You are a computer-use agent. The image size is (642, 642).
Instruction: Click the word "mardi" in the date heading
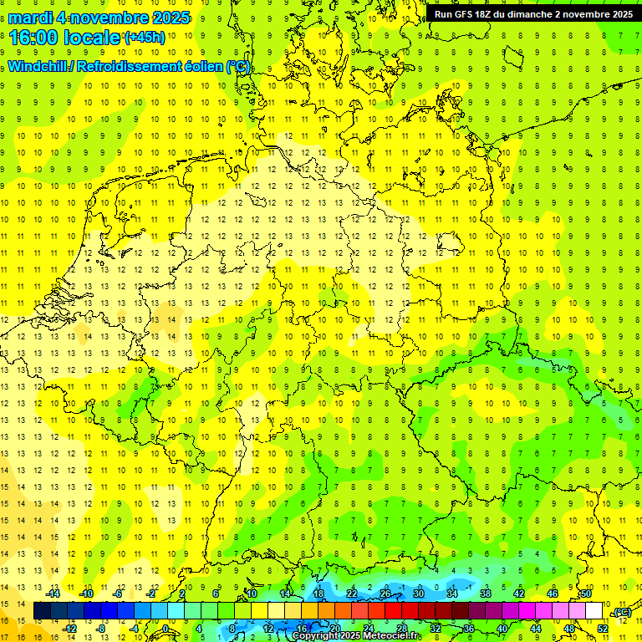[29, 18]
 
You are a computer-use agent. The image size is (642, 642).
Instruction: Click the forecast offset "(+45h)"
[145, 38]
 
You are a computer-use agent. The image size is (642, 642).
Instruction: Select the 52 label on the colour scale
[603, 628]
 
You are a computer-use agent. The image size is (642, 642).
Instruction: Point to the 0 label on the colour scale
[166, 628]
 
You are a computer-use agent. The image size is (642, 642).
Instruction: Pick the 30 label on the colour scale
[418, 594]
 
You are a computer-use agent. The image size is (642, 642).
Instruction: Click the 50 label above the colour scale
[586, 594]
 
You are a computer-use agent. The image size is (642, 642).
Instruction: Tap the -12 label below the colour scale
[70, 628]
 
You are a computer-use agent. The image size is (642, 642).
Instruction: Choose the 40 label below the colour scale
[502, 628]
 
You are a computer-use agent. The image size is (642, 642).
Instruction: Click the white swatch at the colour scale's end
[594, 611]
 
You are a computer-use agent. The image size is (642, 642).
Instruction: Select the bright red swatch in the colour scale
[393, 611]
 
